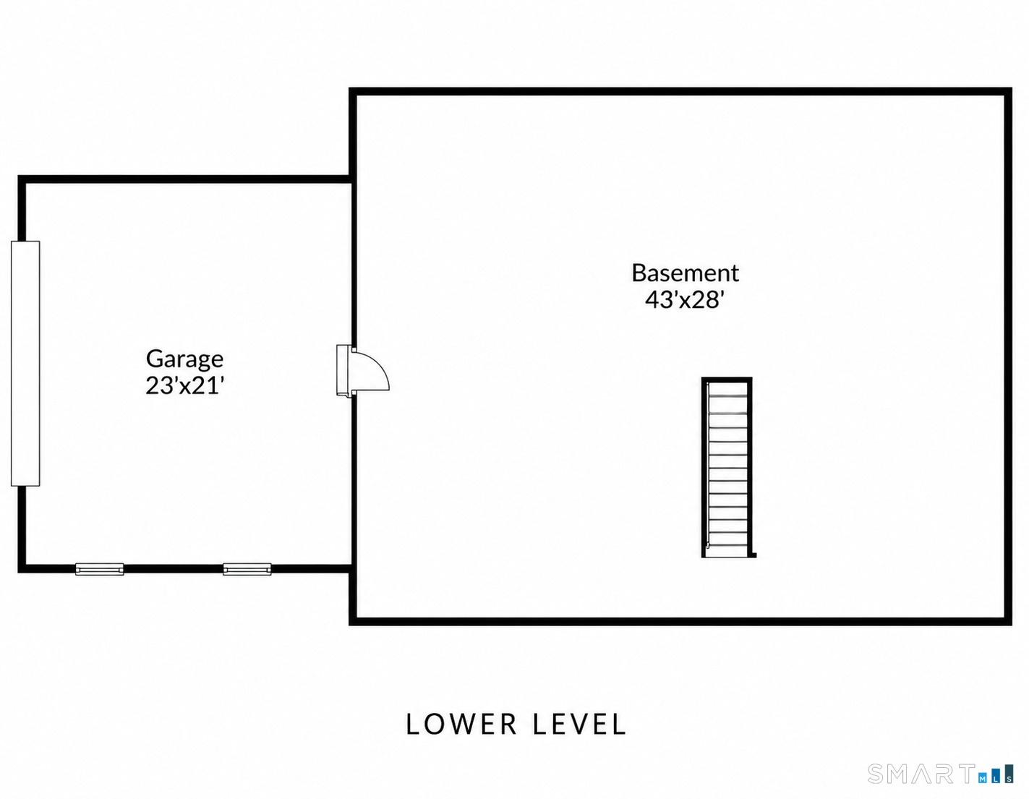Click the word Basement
click(x=685, y=273)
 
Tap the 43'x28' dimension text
click(x=685, y=299)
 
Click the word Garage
click(x=184, y=360)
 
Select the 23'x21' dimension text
click(x=184, y=386)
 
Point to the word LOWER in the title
click(x=461, y=725)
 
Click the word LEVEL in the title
click(x=579, y=725)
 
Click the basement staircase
click(x=727, y=468)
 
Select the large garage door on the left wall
click(x=25, y=364)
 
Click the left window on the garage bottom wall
click(x=100, y=569)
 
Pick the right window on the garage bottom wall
click(x=247, y=569)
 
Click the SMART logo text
click(x=921, y=774)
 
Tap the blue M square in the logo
click(x=982, y=779)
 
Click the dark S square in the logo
click(x=1009, y=774)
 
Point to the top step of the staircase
click(x=727, y=389)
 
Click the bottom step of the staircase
click(x=727, y=550)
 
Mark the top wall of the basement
click(x=680, y=91)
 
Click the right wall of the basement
click(x=1008, y=356)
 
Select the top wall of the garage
click(x=184, y=179)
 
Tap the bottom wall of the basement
click(x=680, y=622)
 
